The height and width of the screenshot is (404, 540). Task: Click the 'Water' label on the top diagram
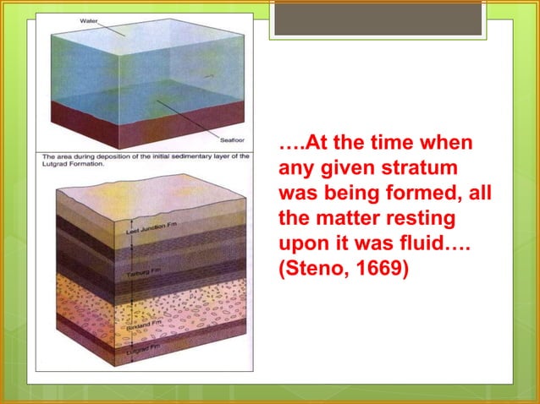coord(89,20)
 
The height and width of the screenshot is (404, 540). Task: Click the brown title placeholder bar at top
coord(377,20)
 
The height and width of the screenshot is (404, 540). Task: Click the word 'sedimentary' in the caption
coord(202,157)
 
